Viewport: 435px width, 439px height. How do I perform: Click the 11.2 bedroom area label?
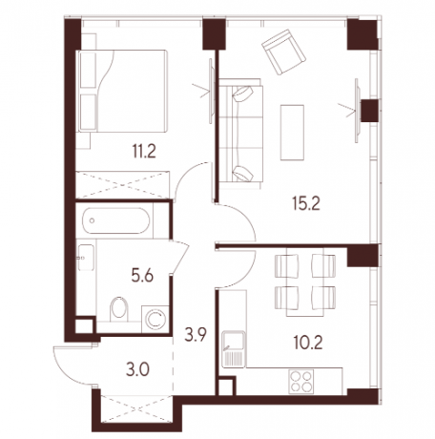pyautogui.click(x=144, y=151)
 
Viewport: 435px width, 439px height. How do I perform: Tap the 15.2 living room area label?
pyautogui.click(x=306, y=203)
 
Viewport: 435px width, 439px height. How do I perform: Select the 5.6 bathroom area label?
pyautogui.click(x=142, y=276)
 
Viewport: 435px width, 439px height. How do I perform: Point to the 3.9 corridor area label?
pyautogui.click(x=196, y=335)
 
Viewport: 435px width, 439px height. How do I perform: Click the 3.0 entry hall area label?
pyautogui.click(x=137, y=370)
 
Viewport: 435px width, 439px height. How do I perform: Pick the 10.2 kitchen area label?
pyautogui.click(x=308, y=343)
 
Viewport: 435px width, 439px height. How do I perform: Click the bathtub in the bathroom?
pyautogui.click(x=115, y=220)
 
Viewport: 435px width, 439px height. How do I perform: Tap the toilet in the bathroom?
pyautogui.click(x=119, y=309)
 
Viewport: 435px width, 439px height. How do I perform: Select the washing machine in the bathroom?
pyautogui.click(x=155, y=320)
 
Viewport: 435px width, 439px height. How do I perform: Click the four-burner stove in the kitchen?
pyautogui.click(x=301, y=382)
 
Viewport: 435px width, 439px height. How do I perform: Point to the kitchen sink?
pyautogui.click(x=234, y=349)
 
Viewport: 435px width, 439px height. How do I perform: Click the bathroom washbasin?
pyautogui.click(x=86, y=258)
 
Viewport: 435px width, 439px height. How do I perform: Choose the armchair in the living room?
pyautogui.click(x=283, y=52)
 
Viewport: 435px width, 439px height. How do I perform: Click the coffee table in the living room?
pyautogui.click(x=292, y=133)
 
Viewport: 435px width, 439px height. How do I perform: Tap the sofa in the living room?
pyautogui.click(x=240, y=134)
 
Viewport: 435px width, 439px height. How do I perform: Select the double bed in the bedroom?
pyautogui.click(x=122, y=91)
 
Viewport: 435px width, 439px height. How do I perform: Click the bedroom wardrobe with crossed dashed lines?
pyautogui.click(x=123, y=185)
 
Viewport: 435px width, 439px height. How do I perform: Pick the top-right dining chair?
pyautogui.click(x=323, y=265)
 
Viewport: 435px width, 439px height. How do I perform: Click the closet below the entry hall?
pyautogui.click(x=136, y=408)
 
